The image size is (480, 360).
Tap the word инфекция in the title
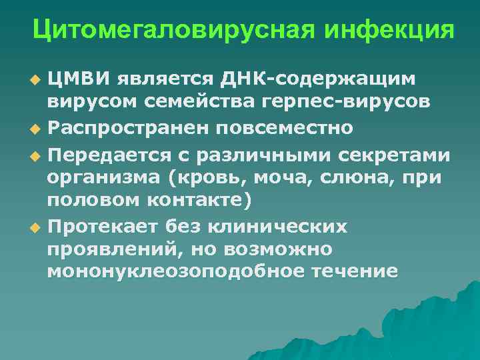(x=386, y=29)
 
